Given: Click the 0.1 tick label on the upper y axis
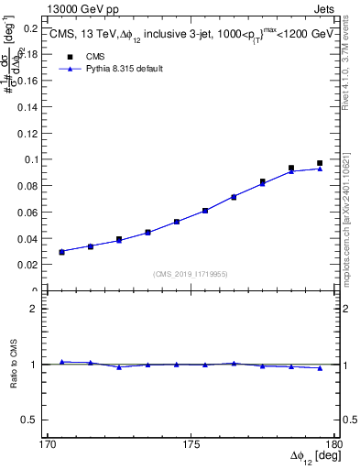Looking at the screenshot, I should [x=33, y=159].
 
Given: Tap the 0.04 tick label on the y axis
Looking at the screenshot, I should [x=30, y=239].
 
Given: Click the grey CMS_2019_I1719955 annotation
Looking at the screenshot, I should [x=191, y=273].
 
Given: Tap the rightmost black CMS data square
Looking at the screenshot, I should [x=320, y=163].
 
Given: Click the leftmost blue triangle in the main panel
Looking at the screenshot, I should [x=61, y=251].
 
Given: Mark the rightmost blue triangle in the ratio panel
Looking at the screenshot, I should [x=320, y=368].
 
